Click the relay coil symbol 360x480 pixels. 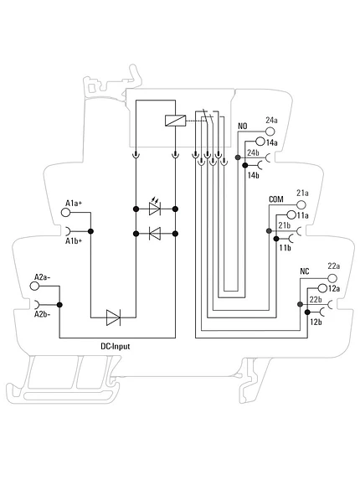coord(175,121)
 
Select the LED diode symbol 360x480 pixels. coord(155,207)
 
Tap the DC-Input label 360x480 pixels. coord(116,346)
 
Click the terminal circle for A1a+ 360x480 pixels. coord(65,212)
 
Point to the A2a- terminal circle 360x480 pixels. coord(34,286)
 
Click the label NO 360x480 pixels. coord(243,126)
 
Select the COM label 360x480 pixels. coord(276,199)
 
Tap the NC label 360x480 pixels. coord(305,271)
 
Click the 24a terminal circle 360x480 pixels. coord(270,132)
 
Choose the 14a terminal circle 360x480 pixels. coord(260,141)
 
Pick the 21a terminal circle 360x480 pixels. coord(301,204)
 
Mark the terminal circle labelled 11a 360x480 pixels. coord(291,215)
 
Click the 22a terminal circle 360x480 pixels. coord(332,278)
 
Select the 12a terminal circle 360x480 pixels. coord(322,288)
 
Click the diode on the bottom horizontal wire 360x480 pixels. coord(113,317)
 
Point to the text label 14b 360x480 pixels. coord(253,175)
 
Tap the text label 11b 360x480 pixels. coord(285,248)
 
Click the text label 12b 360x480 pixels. coord(316,322)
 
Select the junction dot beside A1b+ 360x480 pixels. coord(90,231)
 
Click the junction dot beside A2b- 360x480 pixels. coord(59,305)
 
